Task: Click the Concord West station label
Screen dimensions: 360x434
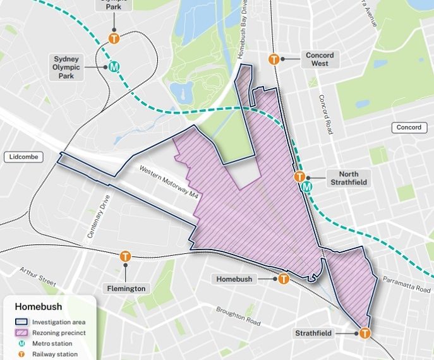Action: (320, 59)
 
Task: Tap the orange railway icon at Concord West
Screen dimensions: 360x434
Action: (274, 59)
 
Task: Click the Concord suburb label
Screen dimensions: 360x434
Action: (409, 128)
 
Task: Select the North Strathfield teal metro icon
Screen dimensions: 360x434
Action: (307, 187)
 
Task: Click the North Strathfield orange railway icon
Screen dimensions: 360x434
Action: (300, 177)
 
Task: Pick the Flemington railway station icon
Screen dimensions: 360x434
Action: (125, 256)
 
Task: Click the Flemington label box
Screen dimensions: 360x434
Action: (125, 289)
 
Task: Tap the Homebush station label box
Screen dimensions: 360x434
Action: (234, 279)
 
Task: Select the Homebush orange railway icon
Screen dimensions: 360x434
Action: (284, 279)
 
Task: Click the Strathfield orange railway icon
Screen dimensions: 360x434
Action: (365, 333)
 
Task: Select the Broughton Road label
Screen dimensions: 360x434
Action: (238, 316)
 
